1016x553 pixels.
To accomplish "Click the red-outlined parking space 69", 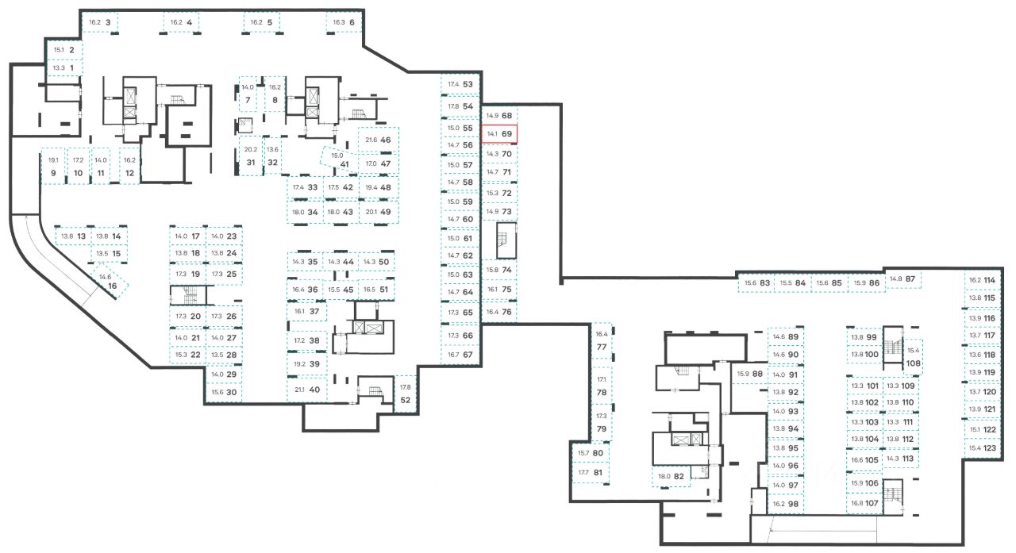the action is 501,134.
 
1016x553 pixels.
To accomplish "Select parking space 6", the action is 344,23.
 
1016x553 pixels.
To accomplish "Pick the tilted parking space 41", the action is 340,160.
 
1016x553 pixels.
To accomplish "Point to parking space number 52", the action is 406,394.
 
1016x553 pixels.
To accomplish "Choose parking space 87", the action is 902,279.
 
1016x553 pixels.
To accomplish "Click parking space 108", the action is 913,358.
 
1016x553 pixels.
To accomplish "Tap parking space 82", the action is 672,476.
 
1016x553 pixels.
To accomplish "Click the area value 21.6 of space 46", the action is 371,140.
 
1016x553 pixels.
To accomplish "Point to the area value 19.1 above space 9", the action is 54,160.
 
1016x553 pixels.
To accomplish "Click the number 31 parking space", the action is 250,156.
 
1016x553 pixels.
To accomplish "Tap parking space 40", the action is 306,390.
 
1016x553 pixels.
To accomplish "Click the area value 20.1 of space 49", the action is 371,212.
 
